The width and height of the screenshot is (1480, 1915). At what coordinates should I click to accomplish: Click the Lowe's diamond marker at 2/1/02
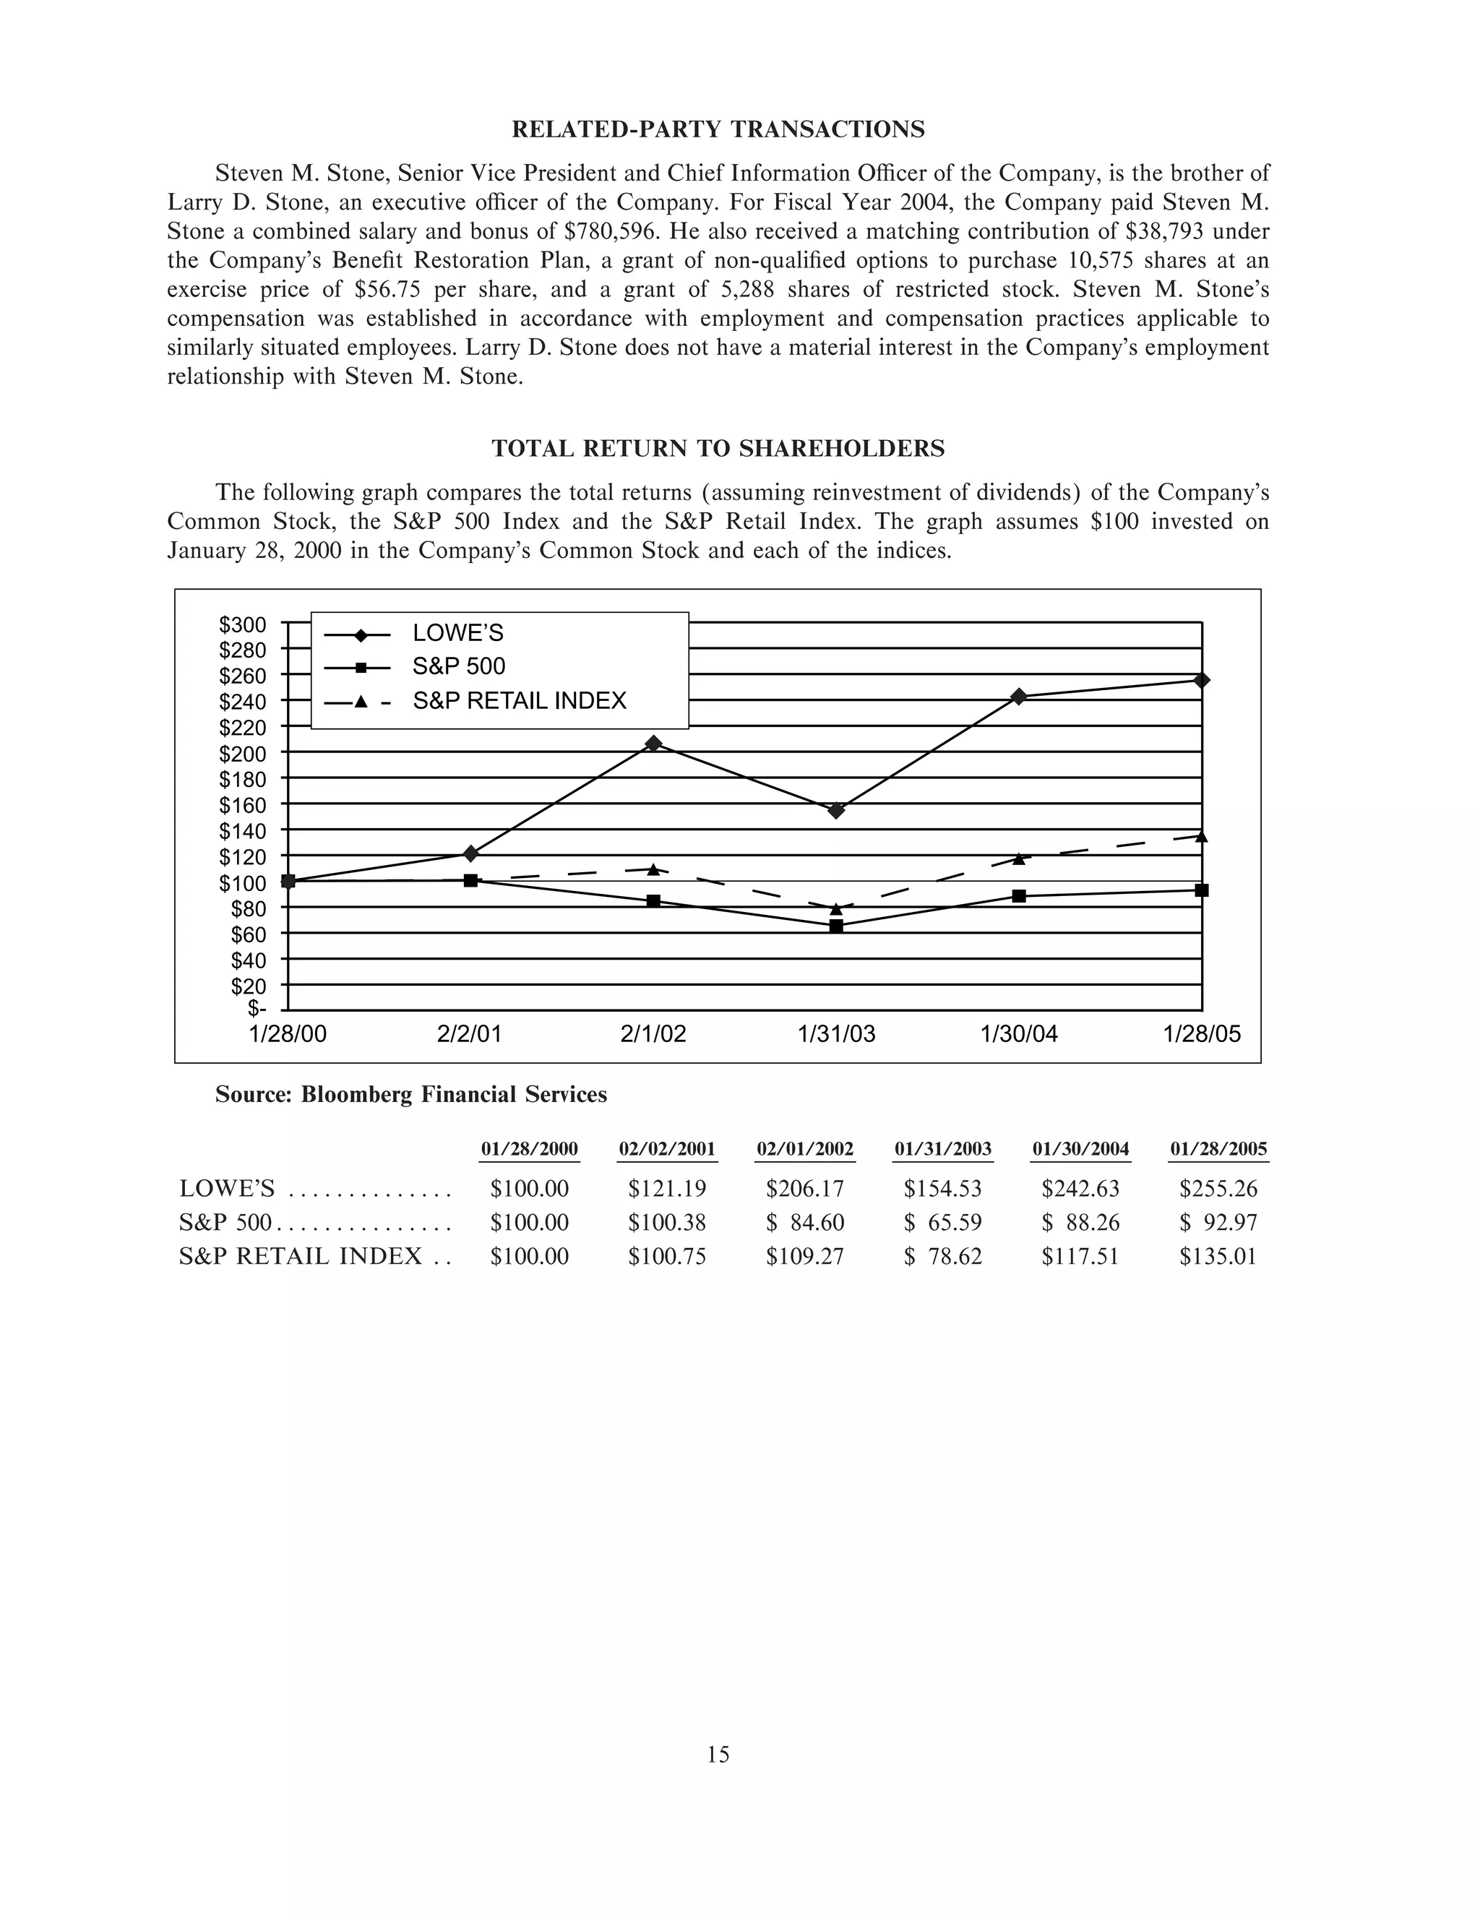tap(653, 744)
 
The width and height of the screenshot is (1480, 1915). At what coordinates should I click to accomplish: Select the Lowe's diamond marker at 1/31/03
tap(836, 810)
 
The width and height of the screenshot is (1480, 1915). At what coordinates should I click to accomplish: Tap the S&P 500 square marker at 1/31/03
tap(836, 926)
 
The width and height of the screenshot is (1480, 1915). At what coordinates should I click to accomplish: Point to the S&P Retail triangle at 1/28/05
tap(1201, 837)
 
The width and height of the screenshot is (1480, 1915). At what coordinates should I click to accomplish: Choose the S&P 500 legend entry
tap(459, 666)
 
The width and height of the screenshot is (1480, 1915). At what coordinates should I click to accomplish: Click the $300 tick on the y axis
tap(243, 625)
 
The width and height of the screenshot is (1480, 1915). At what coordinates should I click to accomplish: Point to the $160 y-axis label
tap(243, 805)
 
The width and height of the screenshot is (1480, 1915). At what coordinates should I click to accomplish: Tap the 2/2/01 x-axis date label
tap(470, 1035)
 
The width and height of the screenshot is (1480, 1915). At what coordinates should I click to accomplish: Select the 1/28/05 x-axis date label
tap(1202, 1035)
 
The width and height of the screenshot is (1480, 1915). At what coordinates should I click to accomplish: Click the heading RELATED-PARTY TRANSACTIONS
tap(718, 130)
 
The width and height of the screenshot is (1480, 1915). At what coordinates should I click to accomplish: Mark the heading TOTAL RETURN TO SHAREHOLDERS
tap(718, 449)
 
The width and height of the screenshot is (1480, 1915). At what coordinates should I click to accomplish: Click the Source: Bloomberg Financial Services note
tap(411, 1094)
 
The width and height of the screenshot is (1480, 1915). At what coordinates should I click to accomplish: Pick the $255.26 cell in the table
tap(1218, 1189)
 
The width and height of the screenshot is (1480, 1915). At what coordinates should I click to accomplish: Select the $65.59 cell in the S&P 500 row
tap(943, 1222)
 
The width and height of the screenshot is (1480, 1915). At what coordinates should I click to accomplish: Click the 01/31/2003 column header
tap(943, 1150)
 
